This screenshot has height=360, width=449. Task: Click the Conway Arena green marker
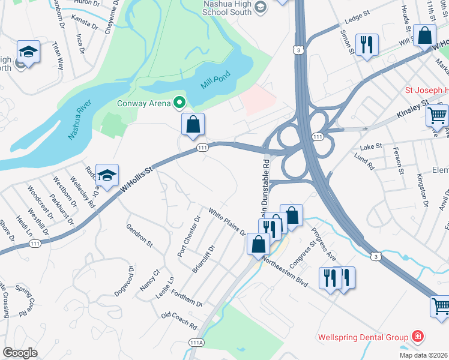(179, 103)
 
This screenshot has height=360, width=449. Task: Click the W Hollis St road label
(137, 178)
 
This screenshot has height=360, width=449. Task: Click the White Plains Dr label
(227, 221)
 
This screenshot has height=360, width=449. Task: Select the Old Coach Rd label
(179, 321)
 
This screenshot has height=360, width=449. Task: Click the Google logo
(20, 352)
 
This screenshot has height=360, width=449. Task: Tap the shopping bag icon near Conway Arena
(193, 125)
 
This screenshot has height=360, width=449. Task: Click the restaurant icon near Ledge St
(366, 45)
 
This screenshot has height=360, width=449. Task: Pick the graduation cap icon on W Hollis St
(107, 175)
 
